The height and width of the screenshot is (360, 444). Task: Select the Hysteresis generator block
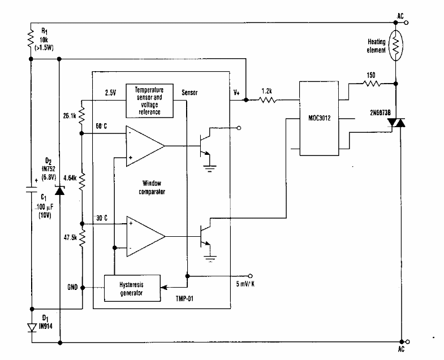131,289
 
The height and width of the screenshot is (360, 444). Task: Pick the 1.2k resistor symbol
267,101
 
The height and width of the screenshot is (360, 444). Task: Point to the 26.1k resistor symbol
82,116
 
